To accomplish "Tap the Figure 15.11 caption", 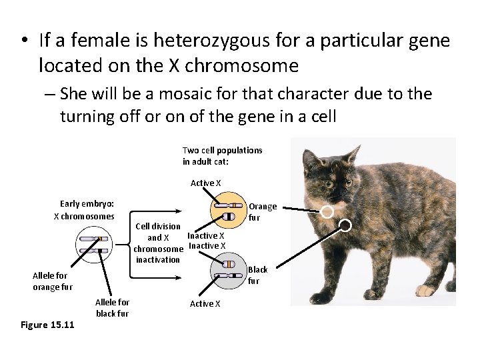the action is [47, 325].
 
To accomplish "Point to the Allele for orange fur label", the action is [53, 281].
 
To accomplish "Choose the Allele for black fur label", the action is [112, 308].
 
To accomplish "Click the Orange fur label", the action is [263, 212].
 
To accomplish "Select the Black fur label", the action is [257, 275].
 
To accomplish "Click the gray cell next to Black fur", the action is [228, 269].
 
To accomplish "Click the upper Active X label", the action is [205, 183].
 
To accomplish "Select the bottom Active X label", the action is [205, 304].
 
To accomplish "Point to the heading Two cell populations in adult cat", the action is [222, 155].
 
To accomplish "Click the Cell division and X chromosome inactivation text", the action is [158, 243].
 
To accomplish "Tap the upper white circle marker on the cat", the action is [327, 212].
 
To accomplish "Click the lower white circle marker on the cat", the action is [345, 225].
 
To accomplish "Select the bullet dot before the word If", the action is [24, 41].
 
